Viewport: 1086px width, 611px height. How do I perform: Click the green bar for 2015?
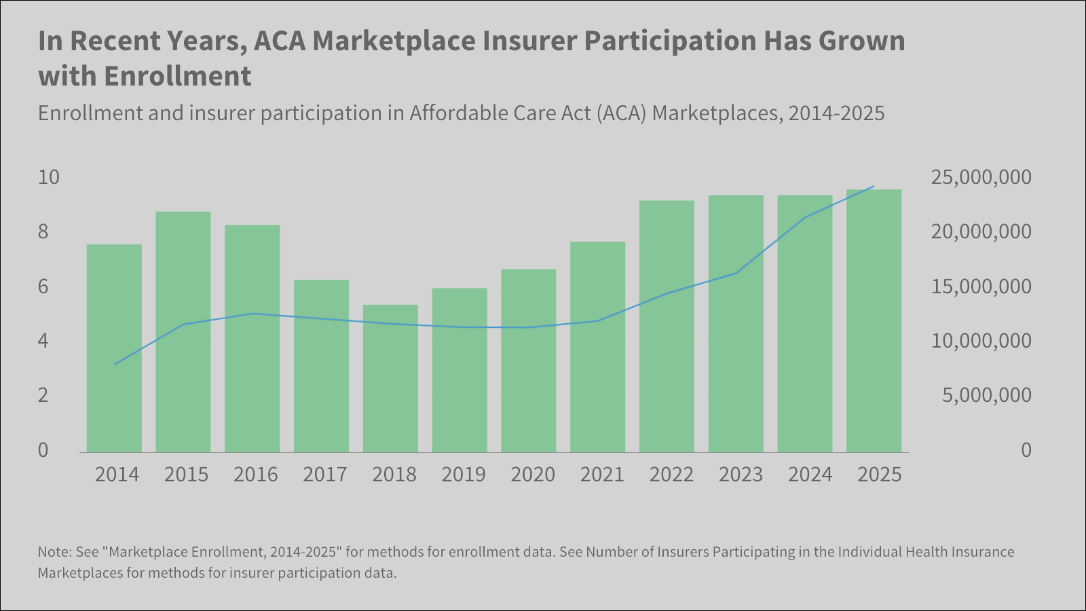coord(183,332)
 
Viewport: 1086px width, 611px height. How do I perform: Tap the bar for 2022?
coord(667,327)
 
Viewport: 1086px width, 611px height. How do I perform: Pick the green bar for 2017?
coord(321,366)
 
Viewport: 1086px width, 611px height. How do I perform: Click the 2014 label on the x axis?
coord(117,475)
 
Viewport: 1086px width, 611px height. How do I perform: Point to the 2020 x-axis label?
coord(533,475)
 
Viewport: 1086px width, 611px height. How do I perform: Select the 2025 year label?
coord(879,475)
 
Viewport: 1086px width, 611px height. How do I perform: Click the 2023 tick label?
coord(741,475)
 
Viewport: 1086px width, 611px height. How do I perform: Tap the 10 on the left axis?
coord(49,178)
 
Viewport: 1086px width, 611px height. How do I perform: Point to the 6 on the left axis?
coord(43,286)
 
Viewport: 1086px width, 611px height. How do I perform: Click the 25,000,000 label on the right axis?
coord(981,178)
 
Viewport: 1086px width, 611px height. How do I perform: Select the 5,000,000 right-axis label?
coord(986,395)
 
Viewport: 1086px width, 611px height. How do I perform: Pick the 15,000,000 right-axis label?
coord(981,286)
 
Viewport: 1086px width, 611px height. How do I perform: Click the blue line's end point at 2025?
coord(874,186)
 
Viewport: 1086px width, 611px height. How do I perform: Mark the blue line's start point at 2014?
coord(115,365)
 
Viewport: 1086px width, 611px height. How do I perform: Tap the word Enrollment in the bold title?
coord(177,76)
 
